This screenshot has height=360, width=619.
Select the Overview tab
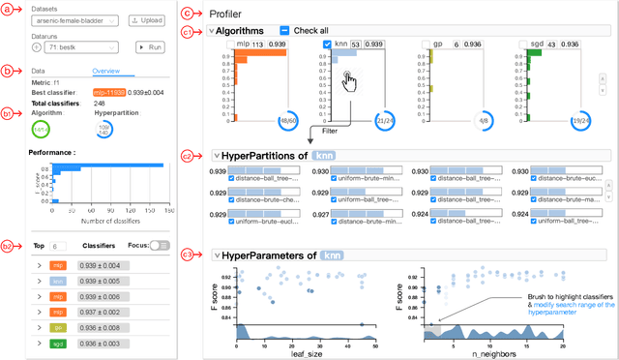[x=105, y=71]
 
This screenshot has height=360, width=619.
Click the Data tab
[x=39, y=71]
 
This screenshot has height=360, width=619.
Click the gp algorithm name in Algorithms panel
[x=440, y=45]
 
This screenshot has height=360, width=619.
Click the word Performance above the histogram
[x=53, y=153]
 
